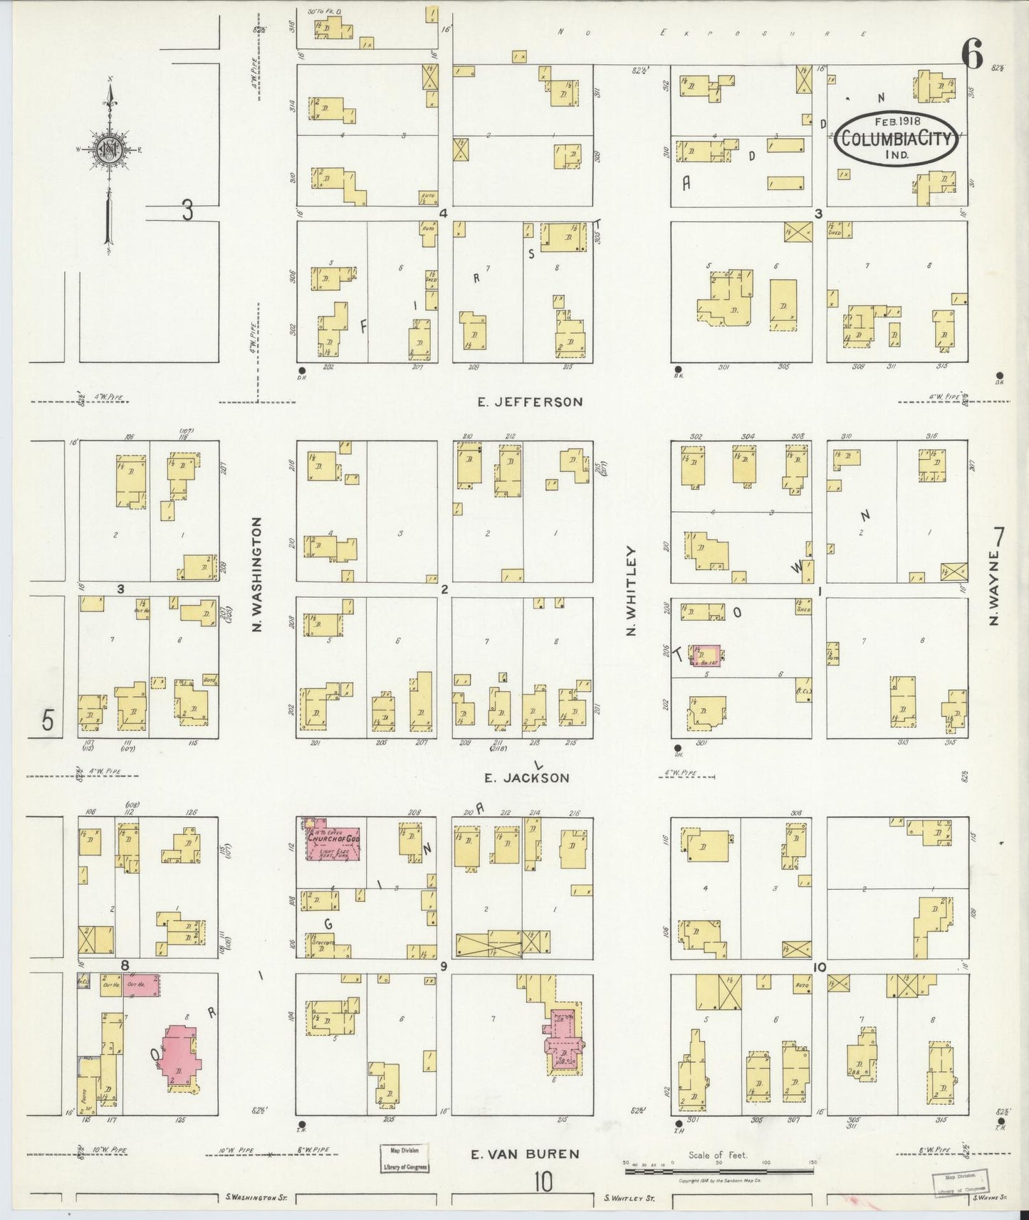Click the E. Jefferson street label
(530, 402)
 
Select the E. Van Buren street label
(524, 1155)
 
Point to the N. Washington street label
(258, 574)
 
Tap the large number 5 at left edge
(47, 720)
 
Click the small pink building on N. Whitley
(706, 656)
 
